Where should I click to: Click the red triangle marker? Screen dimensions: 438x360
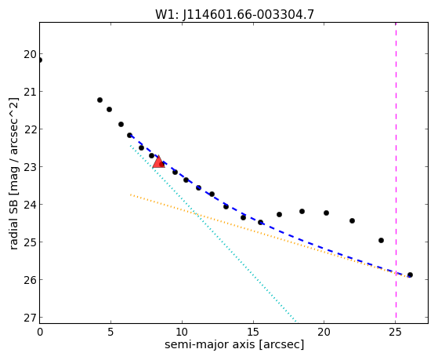[158, 162]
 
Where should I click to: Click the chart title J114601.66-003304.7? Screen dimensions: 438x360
[248, 15]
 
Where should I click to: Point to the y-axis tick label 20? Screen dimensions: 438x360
[30, 54]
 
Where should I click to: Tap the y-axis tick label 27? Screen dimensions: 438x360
[30, 318]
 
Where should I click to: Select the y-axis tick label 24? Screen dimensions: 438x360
[30, 205]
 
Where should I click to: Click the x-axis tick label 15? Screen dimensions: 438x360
[253, 333]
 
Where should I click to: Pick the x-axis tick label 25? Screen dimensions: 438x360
[396, 333]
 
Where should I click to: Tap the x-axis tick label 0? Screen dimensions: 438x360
[40, 333]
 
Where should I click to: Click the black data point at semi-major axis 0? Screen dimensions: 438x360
[40, 60]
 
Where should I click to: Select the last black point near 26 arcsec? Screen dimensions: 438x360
[410, 275]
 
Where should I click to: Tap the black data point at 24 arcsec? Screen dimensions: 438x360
[381, 240]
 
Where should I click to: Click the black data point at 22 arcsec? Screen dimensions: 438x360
[352, 220]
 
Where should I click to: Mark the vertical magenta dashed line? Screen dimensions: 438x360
[396, 171]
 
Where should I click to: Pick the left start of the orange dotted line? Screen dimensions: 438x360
[130, 195]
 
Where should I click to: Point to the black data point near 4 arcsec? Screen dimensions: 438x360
[100, 100]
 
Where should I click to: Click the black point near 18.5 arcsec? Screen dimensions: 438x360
[302, 211]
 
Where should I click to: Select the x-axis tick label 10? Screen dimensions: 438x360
[182, 333]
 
